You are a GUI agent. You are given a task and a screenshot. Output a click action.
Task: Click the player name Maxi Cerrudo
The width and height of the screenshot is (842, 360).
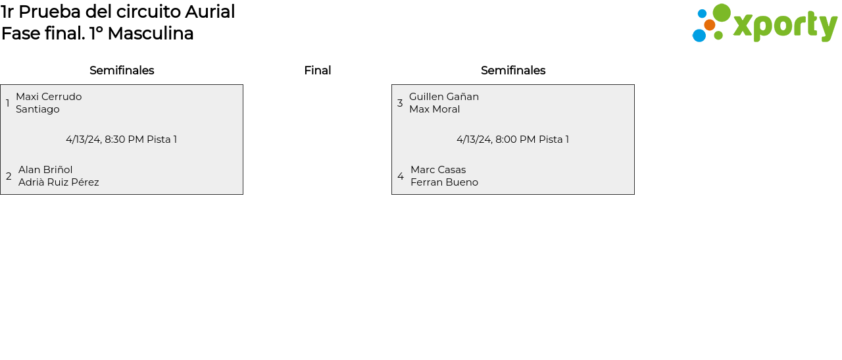(x=49, y=97)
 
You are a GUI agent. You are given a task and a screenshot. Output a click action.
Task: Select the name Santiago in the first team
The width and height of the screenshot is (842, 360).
(x=37, y=109)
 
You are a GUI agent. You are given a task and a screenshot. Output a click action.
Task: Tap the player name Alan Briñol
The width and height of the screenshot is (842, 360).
(x=45, y=170)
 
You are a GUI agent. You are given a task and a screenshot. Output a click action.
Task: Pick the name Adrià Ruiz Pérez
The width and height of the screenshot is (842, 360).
(x=59, y=182)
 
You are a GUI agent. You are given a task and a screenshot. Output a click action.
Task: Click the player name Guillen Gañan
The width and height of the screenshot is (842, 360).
(x=444, y=97)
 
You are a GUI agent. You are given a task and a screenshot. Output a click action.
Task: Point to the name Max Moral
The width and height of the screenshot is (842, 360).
(x=434, y=109)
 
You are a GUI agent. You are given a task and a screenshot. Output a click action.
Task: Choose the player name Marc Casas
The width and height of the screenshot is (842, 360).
(x=438, y=170)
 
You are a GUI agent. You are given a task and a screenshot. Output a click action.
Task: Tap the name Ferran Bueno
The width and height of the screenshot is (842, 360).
(x=444, y=182)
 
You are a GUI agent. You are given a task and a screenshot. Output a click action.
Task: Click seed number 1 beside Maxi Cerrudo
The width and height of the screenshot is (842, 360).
(x=8, y=103)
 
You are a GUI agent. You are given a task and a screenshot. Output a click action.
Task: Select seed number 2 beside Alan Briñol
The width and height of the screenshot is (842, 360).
(x=9, y=176)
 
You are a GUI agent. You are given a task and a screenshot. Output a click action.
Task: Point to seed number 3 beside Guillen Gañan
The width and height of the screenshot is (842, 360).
(x=400, y=103)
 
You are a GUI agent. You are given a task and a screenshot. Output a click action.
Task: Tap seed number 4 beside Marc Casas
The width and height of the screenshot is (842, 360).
(x=401, y=176)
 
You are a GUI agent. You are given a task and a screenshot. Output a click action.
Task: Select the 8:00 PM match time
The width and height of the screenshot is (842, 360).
(x=515, y=140)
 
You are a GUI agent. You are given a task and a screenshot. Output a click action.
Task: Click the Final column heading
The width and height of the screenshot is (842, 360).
(x=317, y=70)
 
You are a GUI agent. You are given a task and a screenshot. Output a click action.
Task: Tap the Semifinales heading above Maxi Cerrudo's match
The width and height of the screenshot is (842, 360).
(x=122, y=70)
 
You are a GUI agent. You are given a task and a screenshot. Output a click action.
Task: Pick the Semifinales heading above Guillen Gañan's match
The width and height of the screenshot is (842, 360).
(x=513, y=70)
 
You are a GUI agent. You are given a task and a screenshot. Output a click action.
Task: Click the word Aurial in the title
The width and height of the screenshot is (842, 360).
(x=210, y=12)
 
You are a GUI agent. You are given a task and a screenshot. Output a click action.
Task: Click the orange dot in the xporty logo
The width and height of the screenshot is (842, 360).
(x=709, y=25)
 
